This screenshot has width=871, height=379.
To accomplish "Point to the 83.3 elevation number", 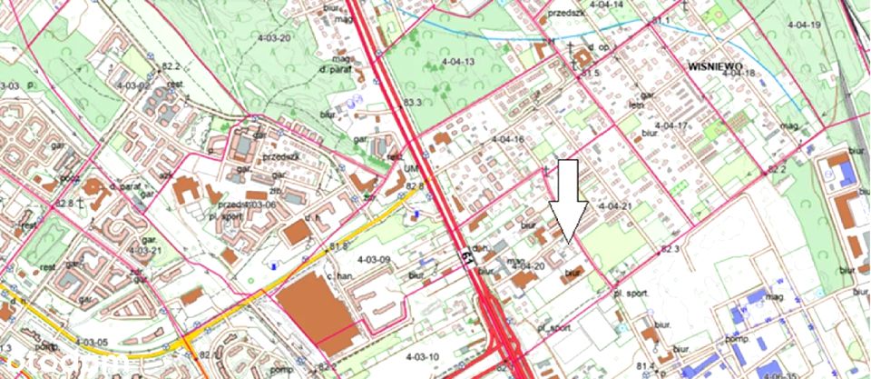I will [415, 103].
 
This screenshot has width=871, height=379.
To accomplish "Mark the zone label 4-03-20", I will [272, 37].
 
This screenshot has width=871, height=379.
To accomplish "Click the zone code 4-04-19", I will [802, 25].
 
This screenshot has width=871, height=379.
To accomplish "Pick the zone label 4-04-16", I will [507, 139].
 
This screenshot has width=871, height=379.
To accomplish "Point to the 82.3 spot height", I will [671, 248].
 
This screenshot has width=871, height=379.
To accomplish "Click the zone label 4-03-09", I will [373, 260].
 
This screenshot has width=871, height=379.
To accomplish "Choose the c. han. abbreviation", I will [340, 275].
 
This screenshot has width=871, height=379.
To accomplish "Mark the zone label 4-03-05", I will [90, 342].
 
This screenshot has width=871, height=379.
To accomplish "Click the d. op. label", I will [596, 46].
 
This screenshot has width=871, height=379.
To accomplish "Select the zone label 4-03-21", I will [145, 249].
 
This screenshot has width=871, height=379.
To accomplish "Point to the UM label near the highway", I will [411, 170].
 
